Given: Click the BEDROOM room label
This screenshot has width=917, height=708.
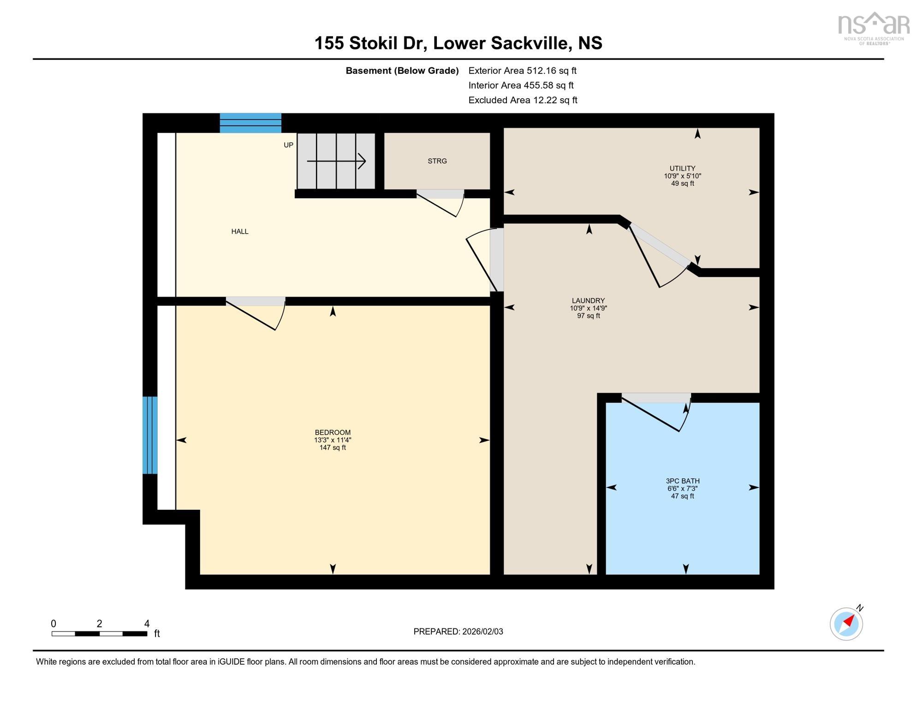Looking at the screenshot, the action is [333, 432].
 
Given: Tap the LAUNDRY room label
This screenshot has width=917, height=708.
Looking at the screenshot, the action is [588, 301].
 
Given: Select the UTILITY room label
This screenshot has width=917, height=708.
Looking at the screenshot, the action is [682, 168].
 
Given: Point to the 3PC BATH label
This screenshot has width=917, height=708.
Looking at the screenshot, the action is [683, 481].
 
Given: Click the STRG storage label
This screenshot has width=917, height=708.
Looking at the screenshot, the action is [437, 161].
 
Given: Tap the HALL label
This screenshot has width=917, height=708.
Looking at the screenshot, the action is [240, 231].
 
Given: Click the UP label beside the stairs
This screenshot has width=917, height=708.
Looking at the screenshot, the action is [288, 145].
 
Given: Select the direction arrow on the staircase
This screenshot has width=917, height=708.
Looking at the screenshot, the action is [336, 161].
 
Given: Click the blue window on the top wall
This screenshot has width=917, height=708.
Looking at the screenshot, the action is [250, 123].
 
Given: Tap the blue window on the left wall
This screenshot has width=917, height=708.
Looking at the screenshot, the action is [150, 435].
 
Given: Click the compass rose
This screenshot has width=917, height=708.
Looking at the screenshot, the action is [846, 623].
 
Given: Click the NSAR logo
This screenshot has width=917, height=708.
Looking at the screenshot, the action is [873, 28].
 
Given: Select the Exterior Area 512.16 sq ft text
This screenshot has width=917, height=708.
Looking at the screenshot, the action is [523, 71].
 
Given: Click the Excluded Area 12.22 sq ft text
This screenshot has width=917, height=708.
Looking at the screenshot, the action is [523, 100].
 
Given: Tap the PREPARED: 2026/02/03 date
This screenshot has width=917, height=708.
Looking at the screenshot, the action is [458, 631].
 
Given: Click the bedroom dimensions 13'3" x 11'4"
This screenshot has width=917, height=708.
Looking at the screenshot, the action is [333, 440].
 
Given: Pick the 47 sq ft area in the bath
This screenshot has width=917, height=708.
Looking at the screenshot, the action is [683, 496].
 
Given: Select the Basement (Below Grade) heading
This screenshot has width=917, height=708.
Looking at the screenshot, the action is [402, 71].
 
